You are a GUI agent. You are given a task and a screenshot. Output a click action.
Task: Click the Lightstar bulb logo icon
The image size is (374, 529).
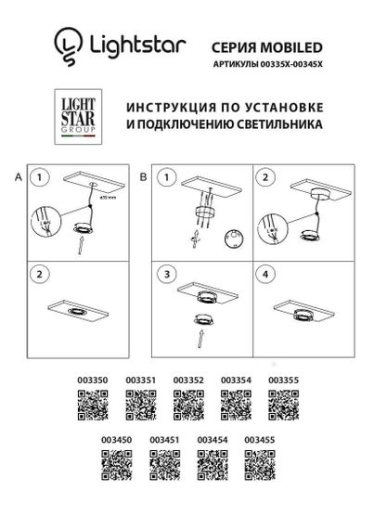click(65, 43)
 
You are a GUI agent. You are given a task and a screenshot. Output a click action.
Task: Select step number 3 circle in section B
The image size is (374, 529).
click(167, 276)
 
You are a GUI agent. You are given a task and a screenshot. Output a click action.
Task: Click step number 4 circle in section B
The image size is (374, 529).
click(266, 276)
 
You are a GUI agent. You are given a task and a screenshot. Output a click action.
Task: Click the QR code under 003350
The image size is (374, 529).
click(90, 406)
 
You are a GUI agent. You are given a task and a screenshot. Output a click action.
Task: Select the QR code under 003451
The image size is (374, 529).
click(164, 462)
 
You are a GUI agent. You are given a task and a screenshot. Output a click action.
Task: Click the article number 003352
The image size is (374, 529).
click(187, 381)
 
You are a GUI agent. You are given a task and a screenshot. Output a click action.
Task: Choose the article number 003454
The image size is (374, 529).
click(212, 438)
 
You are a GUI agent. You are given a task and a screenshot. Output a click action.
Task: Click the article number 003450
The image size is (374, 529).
click(116, 438)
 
